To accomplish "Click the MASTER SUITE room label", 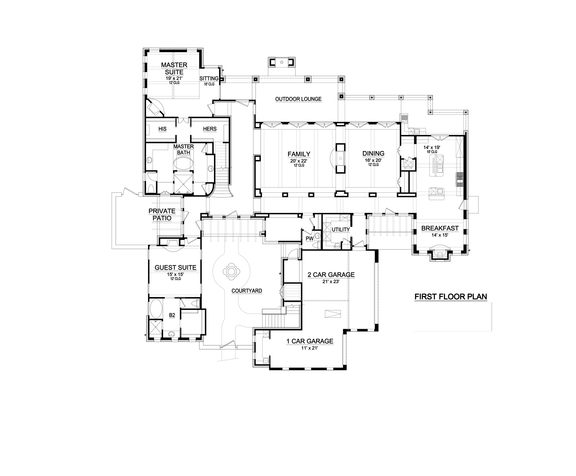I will pos(174,68).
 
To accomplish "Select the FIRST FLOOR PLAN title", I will pos(451,297).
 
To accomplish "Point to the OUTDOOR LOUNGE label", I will pos(298,99).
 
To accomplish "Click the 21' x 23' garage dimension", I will pos(331,282).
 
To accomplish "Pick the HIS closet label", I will pos(162,129).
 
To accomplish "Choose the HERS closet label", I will pos(210,129).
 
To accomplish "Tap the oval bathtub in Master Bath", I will pos(183,164).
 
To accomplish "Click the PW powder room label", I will pos(310,238).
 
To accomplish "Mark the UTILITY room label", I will pos(341,230).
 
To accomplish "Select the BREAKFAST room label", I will pos(440,228).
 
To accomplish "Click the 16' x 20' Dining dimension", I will pos(373,160).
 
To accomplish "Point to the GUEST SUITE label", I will pos(175,268).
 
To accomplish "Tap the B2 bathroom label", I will pos(172,315).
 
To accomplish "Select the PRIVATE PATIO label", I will pos(162,214).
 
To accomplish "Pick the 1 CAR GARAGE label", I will pos(310,341).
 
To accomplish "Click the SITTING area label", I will pos(209,79).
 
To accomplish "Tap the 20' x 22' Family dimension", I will pos(299,161).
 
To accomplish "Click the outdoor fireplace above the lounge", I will pos(282,62).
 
